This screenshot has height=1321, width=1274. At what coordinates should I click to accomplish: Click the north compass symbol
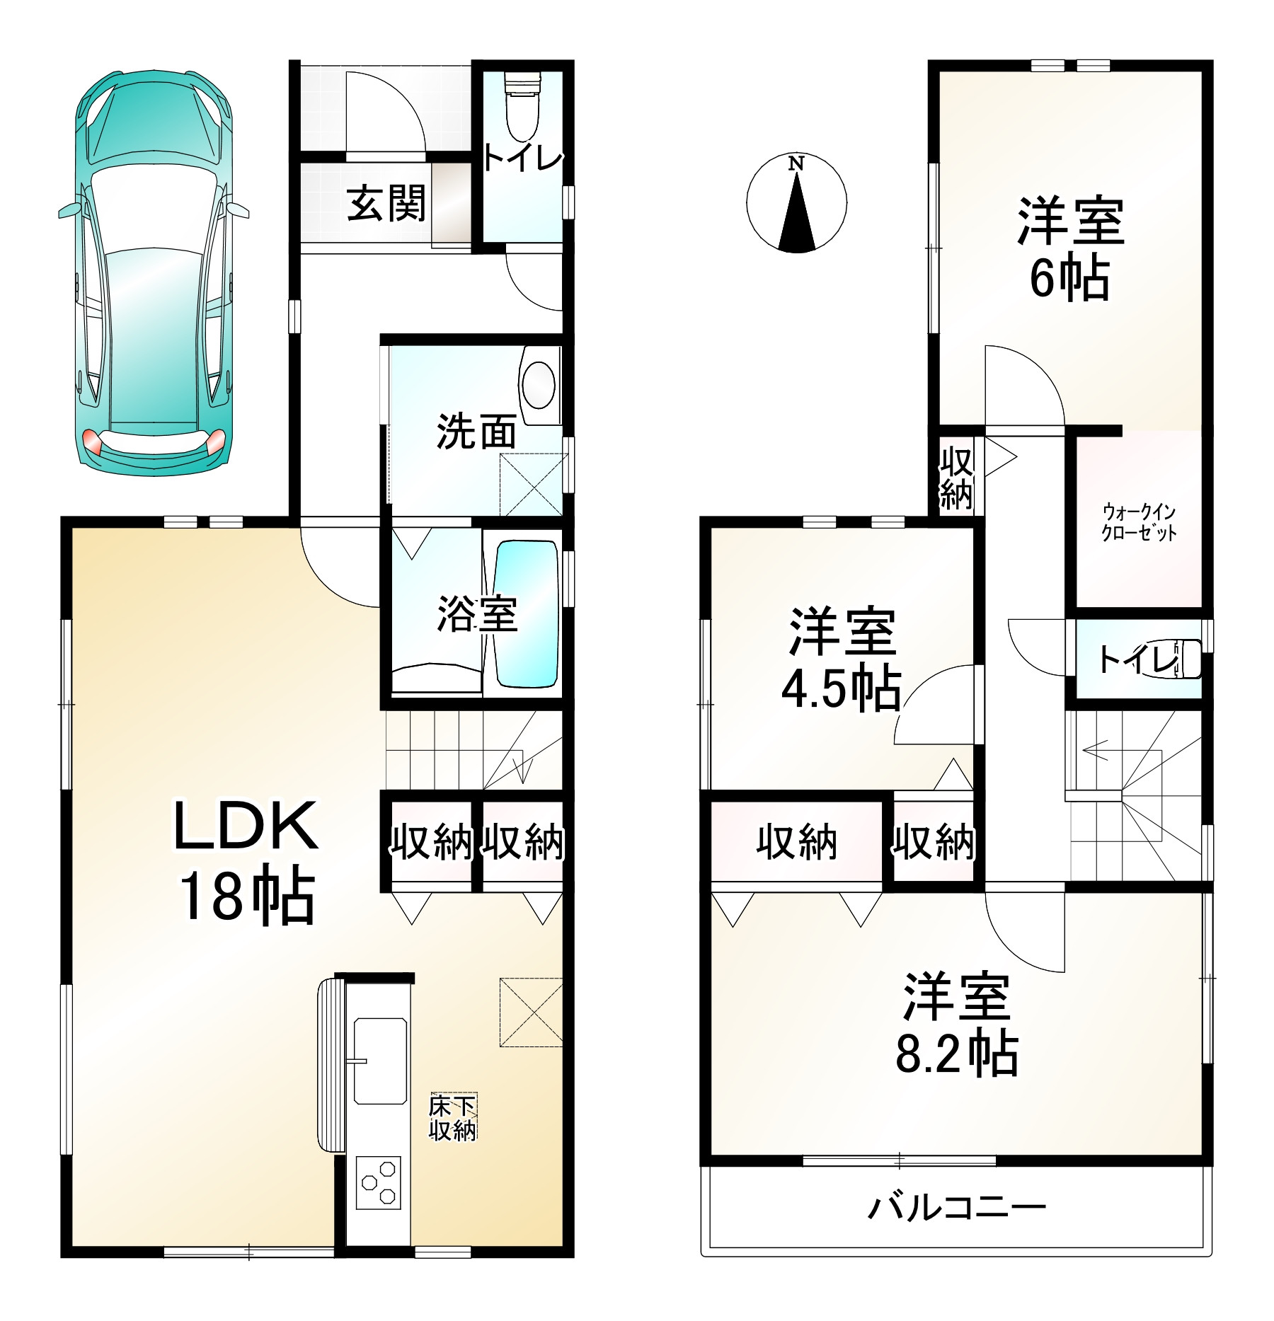point(796,202)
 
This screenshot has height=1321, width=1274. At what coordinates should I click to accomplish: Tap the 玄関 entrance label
point(386,203)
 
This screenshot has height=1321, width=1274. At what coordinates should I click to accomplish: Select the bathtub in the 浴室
point(526,613)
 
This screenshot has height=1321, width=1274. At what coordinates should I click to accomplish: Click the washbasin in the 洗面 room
point(539,385)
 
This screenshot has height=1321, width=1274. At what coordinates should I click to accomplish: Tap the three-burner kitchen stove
point(378,1182)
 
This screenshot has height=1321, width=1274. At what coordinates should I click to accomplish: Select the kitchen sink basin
point(380,1061)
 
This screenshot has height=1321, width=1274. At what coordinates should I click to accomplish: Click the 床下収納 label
point(453,1118)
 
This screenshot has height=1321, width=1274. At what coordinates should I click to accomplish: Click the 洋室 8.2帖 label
point(957,1025)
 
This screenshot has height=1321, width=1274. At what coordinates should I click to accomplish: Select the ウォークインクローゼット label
point(1139,522)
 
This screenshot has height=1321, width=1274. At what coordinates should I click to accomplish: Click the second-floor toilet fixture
point(1183,659)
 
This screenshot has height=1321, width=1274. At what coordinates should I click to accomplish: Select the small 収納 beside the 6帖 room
point(956,478)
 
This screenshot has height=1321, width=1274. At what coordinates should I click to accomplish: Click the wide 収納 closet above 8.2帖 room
point(797,841)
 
